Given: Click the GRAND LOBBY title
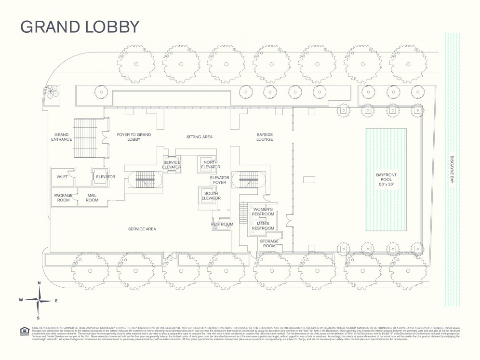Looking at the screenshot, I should [x=80, y=27].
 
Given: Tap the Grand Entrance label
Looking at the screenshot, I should [x=62, y=137].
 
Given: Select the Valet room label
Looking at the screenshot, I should [x=62, y=177].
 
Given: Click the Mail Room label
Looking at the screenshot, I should [x=92, y=198].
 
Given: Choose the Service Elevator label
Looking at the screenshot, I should [x=172, y=165].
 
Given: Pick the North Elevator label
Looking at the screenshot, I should [x=211, y=164].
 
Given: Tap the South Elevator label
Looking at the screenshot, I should [x=211, y=196].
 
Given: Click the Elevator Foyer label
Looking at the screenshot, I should [x=219, y=180].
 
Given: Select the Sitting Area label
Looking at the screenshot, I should [x=200, y=137].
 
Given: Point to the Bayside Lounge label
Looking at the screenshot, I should [x=265, y=137].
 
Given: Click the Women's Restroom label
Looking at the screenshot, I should [x=263, y=211].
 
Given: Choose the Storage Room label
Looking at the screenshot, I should [x=269, y=243].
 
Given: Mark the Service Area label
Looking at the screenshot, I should [x=142, y=229].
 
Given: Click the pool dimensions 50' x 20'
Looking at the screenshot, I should [x=386, y=185].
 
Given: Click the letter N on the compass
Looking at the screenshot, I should [x=39, y=283].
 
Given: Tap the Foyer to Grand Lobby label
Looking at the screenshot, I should [x=134, y=137].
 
